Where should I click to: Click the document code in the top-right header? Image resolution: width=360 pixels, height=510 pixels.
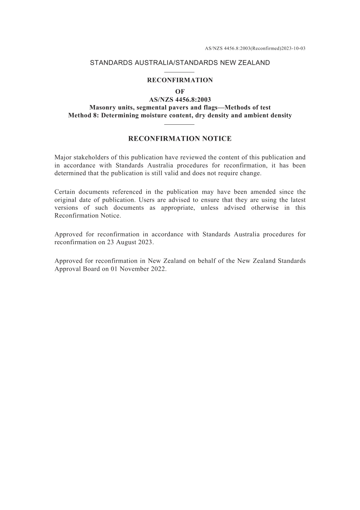255,49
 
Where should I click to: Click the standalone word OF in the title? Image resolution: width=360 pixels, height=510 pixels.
180,91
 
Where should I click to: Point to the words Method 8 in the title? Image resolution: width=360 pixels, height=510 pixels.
82,115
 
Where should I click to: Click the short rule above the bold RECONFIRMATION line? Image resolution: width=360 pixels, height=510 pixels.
180,72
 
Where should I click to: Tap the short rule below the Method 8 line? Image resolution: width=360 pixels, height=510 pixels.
180,124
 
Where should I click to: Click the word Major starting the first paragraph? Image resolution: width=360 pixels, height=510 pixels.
63,157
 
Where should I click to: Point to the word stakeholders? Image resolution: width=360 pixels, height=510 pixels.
92,157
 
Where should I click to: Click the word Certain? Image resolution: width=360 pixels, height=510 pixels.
65,192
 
